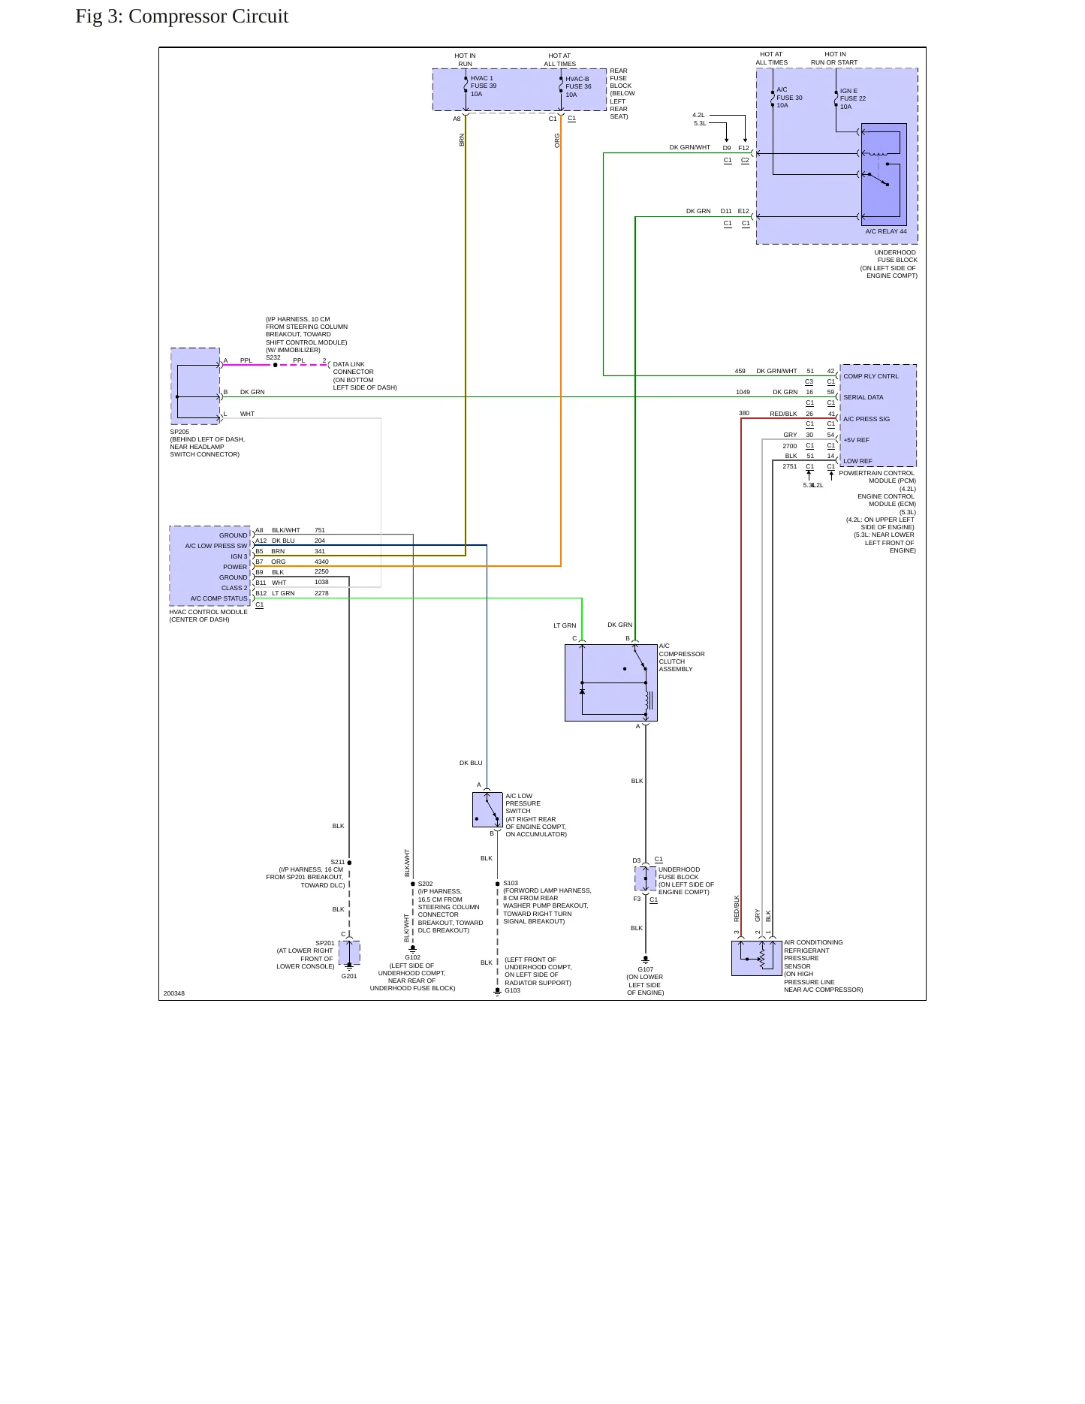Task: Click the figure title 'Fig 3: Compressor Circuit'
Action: click(182, 17)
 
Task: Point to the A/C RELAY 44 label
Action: click(886, 231)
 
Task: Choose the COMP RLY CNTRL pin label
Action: click(870, 376)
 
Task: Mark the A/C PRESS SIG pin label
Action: click(866, 419)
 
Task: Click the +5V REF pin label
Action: click(856, 440)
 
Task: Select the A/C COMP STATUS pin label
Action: click(219, 598)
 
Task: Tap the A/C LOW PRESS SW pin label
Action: click(216, 546)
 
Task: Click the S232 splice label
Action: click(273, 357)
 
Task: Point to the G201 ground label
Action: click(349, 976)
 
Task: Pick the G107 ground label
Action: click(646, 969)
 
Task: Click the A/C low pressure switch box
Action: click(487, 809)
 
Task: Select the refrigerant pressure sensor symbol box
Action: click(757, 958)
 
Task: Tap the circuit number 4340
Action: click(321, 562)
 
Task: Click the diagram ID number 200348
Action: click(173, 993)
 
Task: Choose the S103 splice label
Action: click(511, 884)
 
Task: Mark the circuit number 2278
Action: click(321, 593)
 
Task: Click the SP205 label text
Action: click(179, 432)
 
